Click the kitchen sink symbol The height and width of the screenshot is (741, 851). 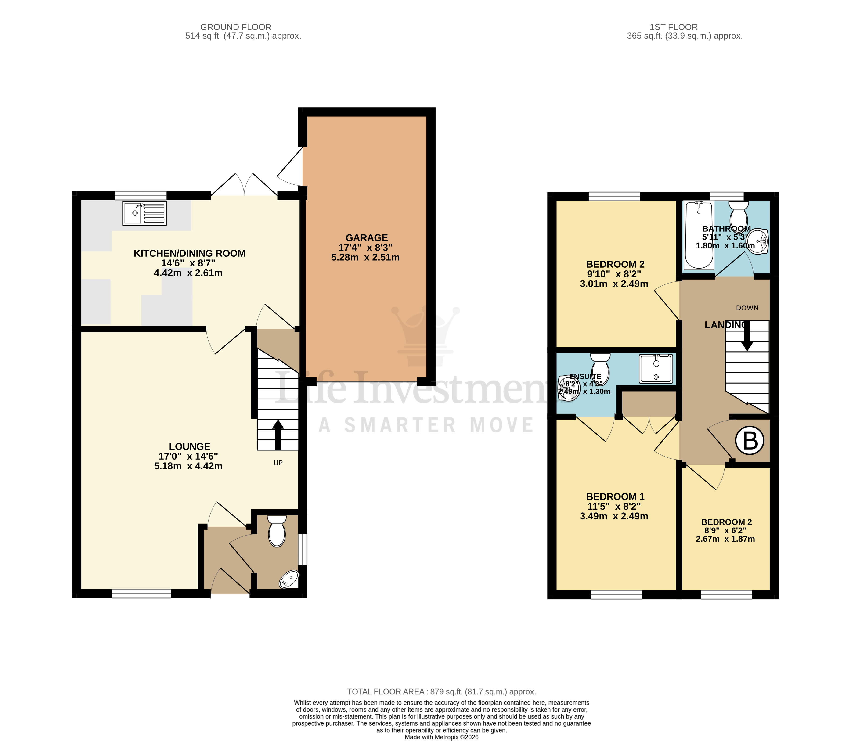click(144, 213)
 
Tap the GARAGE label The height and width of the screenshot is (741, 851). click(366, 238)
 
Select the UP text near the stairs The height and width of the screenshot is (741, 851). click(278, 463)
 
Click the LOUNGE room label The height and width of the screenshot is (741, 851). click(189, 446)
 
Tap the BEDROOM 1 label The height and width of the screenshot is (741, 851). click(615, 497)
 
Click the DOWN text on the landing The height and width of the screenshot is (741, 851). click(747, 308)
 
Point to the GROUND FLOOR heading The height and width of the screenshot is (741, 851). click(236, 27)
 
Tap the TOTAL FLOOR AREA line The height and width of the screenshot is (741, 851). click(441, 692)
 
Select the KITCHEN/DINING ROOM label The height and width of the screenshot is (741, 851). click(189, 253)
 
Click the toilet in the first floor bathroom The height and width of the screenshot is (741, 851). click(739, 213)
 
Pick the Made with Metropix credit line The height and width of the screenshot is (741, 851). click(441, 737)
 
